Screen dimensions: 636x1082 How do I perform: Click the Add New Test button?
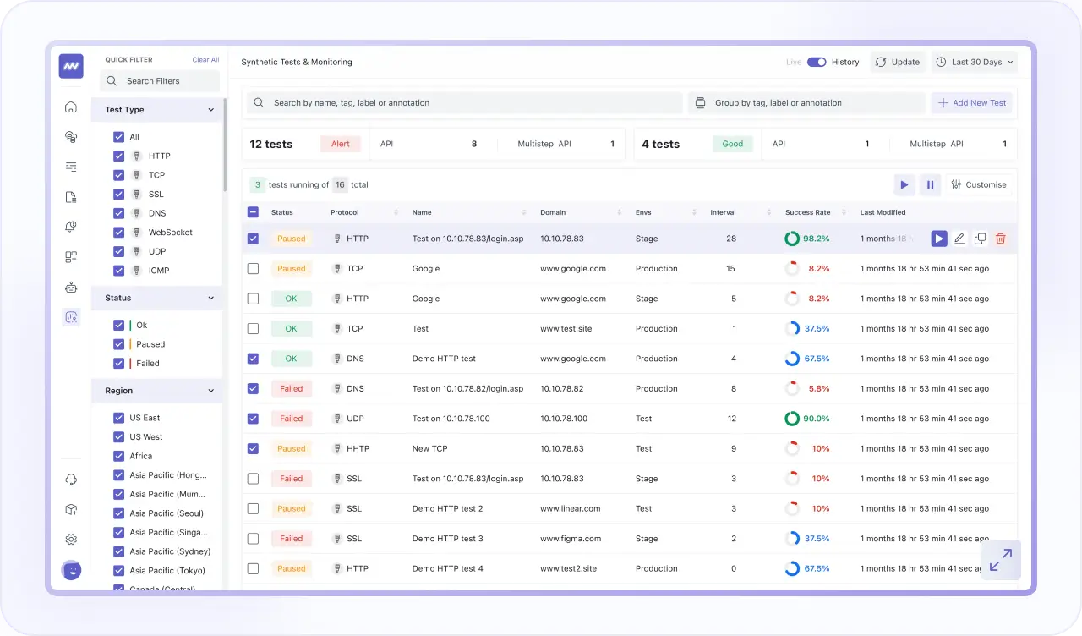coord(971,103)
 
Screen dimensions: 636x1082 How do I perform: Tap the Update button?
coord(898,62)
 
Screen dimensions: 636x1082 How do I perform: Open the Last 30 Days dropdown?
coord(975,62)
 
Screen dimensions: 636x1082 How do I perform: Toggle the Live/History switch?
coord(817,62)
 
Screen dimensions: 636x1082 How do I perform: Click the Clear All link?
coord(205,60)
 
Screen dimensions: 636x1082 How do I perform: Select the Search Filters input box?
coord(160,81)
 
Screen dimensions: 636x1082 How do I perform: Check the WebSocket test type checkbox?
coord(119,233)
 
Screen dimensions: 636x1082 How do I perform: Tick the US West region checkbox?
coord(119,437)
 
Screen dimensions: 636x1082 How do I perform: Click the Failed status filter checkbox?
coord(119,364)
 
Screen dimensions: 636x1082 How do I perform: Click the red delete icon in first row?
coord(1001,238)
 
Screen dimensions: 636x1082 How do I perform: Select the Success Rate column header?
coord(807,212)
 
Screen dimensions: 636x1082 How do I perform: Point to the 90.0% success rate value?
coord(817,419)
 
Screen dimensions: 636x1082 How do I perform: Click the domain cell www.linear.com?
coord(570,509)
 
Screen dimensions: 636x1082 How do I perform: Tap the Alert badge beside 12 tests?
coord(341,144)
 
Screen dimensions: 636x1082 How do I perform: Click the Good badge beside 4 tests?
coord(733,144)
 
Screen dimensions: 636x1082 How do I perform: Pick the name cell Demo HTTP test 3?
coord(447,539)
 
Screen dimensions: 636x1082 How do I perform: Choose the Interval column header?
coord(723,212)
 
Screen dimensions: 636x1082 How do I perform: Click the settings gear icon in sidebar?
coord(71,540)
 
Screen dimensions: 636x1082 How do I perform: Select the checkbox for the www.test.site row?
coord(253,329)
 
